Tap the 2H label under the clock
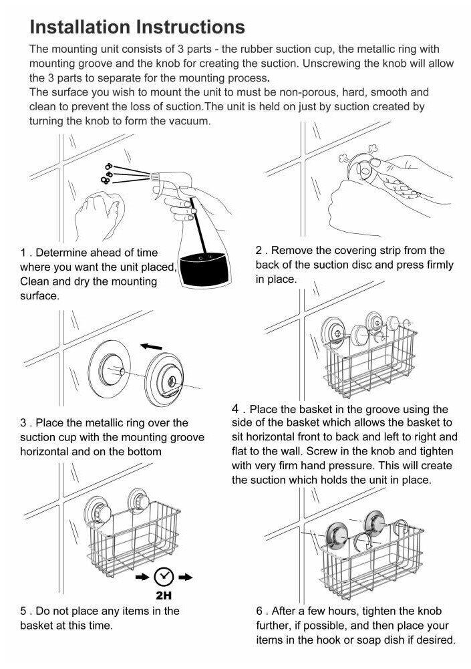pos(164,594)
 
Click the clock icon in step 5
pos(164,575)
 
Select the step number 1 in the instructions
pos(23,253)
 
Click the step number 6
pos(259,611)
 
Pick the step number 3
pos(23,422)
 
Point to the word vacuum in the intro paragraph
pos(192,121)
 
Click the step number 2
pos(259,251)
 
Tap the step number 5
pos(23,611)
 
